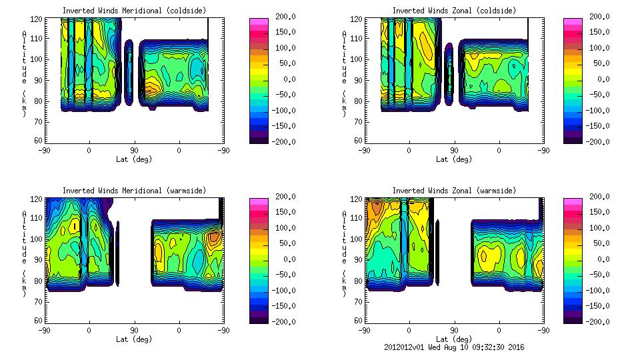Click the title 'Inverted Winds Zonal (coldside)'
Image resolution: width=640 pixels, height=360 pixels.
coord(453,11)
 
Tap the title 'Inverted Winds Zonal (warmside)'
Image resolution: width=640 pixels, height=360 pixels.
coord(453,191)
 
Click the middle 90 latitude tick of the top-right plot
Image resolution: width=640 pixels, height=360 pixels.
coord(454,151)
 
